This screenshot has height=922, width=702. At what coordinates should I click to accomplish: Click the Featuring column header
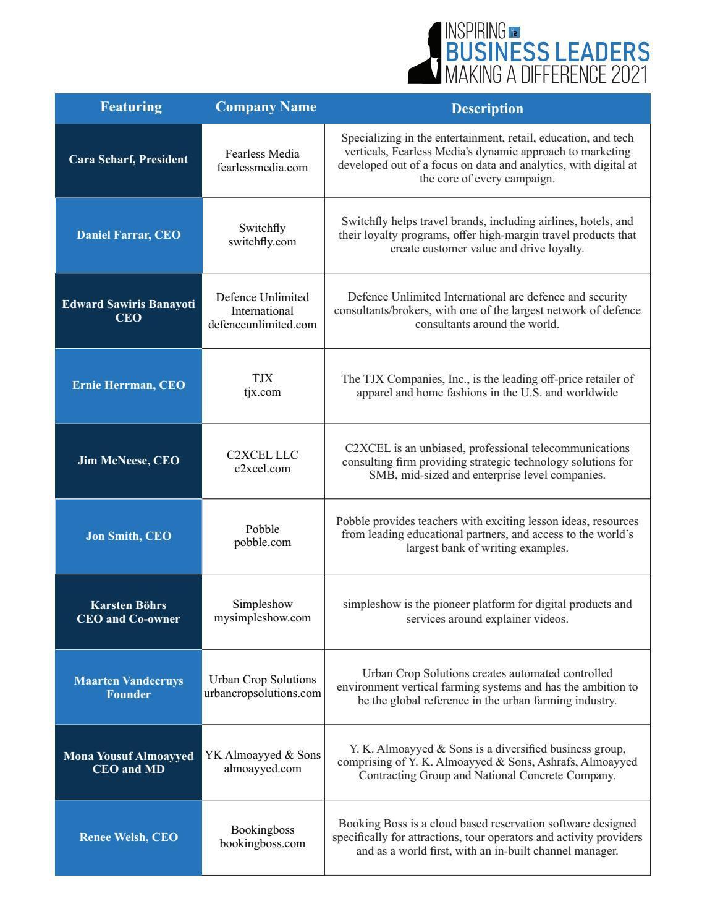[x=131, y=107]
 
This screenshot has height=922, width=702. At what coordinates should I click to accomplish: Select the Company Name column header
[x=266, y=107]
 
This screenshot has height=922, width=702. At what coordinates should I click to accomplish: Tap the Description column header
[x=487, y=108]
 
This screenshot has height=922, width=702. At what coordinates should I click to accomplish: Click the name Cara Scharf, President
[x=129, y=160]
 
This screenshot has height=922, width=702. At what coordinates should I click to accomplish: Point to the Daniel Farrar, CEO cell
[x=129, y=235]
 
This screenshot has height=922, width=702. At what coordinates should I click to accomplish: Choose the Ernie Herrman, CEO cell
[x=129, y=385]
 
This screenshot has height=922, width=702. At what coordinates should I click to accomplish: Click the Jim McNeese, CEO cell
[x=129, y=461]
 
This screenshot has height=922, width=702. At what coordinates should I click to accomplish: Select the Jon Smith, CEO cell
[x=129, y=536]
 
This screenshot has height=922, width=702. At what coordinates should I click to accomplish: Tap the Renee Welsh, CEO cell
[x=129, y=837]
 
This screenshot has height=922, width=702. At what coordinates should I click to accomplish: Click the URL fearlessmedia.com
[x=262, y=168]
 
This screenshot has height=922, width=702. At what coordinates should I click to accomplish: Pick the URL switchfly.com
[x=262, y=242]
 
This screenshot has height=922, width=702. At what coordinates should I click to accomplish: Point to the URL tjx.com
[x=262, y=392]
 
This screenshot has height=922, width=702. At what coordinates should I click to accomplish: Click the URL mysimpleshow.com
[x=262, y=618]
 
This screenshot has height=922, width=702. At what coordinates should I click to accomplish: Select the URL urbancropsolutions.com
[x=263, y=693]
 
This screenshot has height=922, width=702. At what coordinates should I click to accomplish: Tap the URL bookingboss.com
[x=262, y=843]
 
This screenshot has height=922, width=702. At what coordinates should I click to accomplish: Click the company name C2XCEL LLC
[x=262, y=455]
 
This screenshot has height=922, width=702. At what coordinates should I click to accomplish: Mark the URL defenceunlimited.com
[x=262, y=325]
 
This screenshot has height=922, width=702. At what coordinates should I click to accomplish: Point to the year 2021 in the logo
[x=628, y=75]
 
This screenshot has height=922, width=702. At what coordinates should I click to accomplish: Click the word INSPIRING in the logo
[x=475, y=31]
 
